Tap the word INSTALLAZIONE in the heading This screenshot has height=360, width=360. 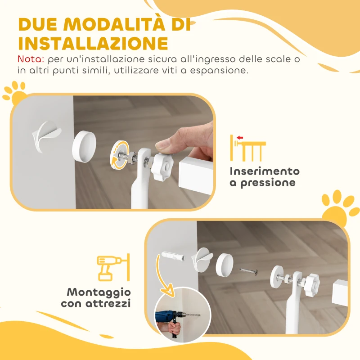[x=93, y=43]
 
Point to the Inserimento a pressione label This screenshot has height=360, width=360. [x=264, y=177]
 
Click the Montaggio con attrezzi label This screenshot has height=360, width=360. [x=96, y=297]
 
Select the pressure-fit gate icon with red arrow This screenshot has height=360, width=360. [x=247, y=148]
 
